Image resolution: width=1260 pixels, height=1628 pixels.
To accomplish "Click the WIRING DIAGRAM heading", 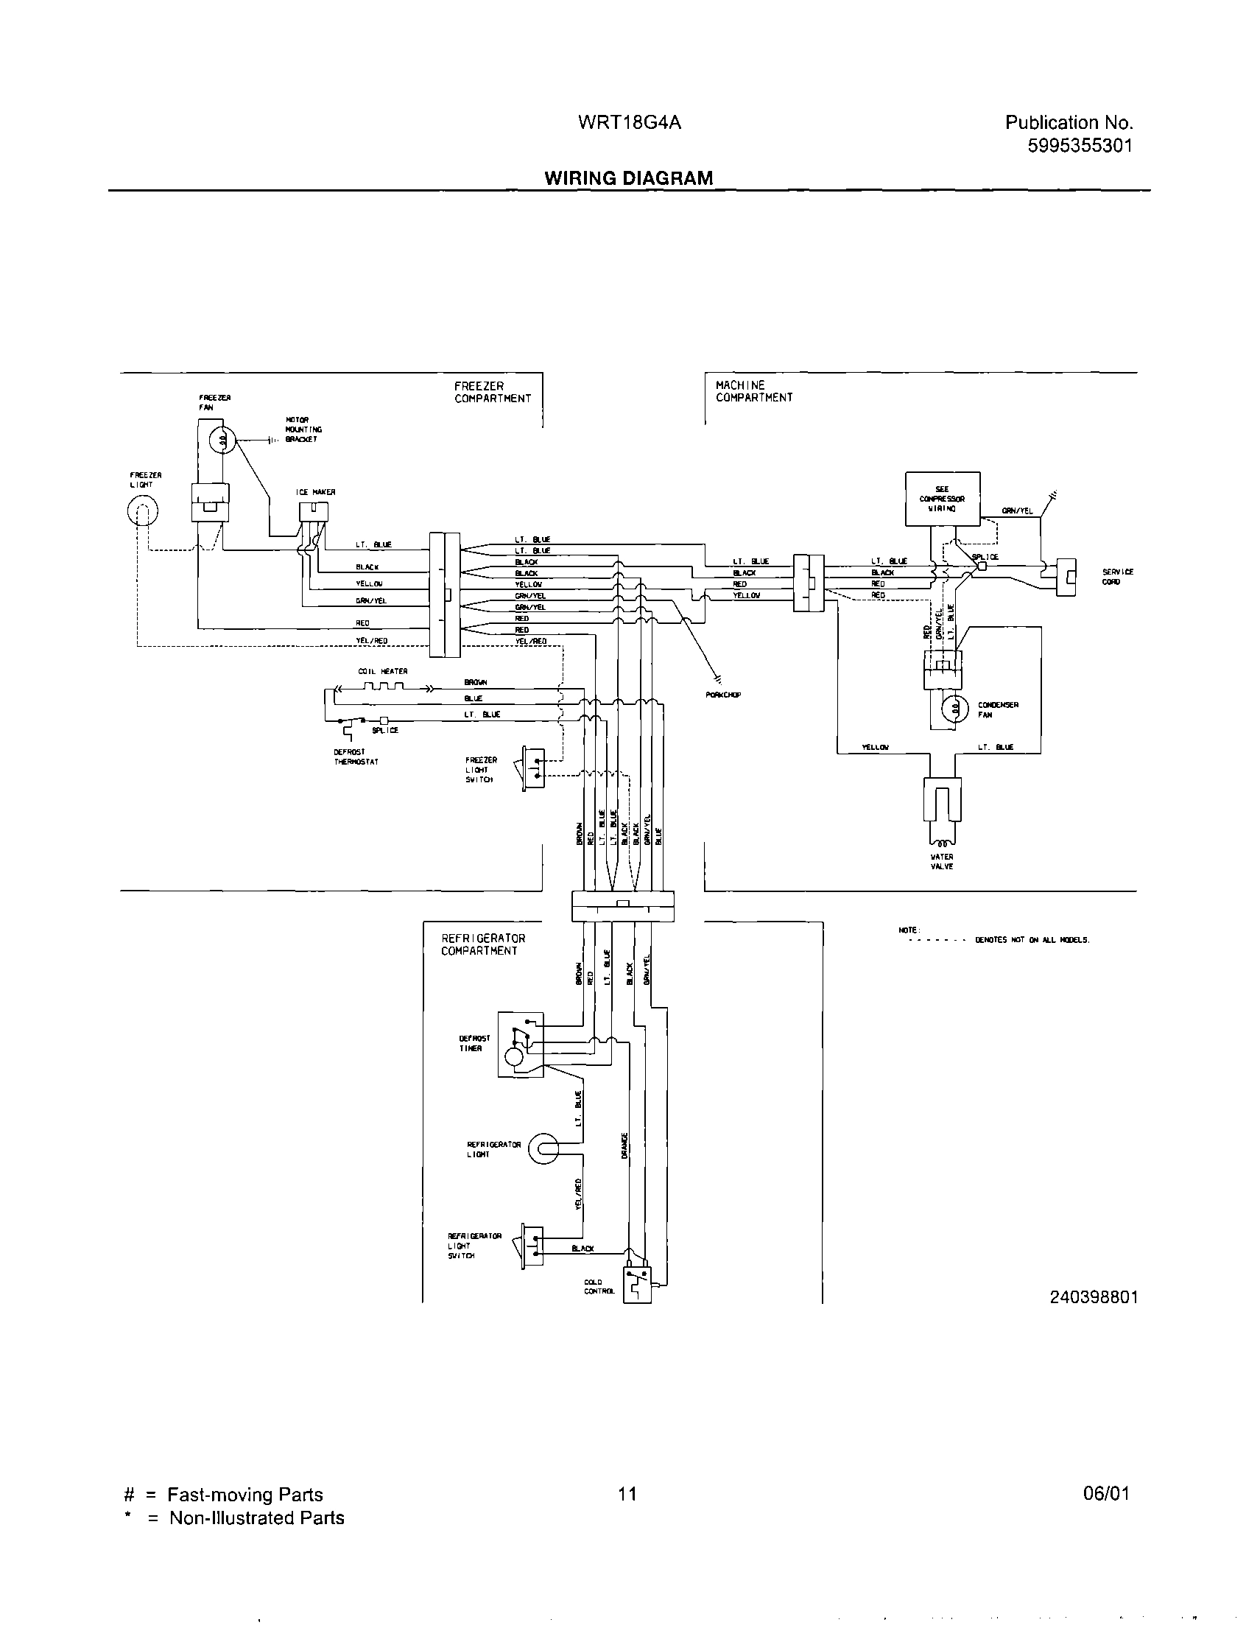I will click(x=628, y=178).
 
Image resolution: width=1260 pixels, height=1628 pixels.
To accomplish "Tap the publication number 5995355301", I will click(x=1080, y=146).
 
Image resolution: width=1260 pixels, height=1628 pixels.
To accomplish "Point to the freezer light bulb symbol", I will click(x=143, y=513).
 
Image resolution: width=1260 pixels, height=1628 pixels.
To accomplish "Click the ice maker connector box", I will click(x=314, y=511).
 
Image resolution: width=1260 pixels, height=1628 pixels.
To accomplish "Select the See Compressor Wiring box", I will click(x=942, y=499).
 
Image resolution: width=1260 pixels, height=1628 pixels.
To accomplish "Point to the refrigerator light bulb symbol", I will click(x=543, y=1148).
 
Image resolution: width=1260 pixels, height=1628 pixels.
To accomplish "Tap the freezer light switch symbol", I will click(x=533, y=768).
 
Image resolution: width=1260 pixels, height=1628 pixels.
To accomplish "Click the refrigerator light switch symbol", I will click(x=532, y=1245).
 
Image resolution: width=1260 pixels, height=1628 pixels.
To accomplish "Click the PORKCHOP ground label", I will click(x=722, y=695).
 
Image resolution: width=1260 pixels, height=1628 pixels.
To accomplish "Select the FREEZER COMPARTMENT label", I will click(x=493, y=392).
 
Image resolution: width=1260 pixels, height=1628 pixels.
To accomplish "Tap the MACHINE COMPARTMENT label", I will click(x=753, y=391).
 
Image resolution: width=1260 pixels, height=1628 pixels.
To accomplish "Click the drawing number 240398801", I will click(x=1093, y=1297).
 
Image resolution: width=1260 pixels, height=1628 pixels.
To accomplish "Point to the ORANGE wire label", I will click(x=624, y=1145).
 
